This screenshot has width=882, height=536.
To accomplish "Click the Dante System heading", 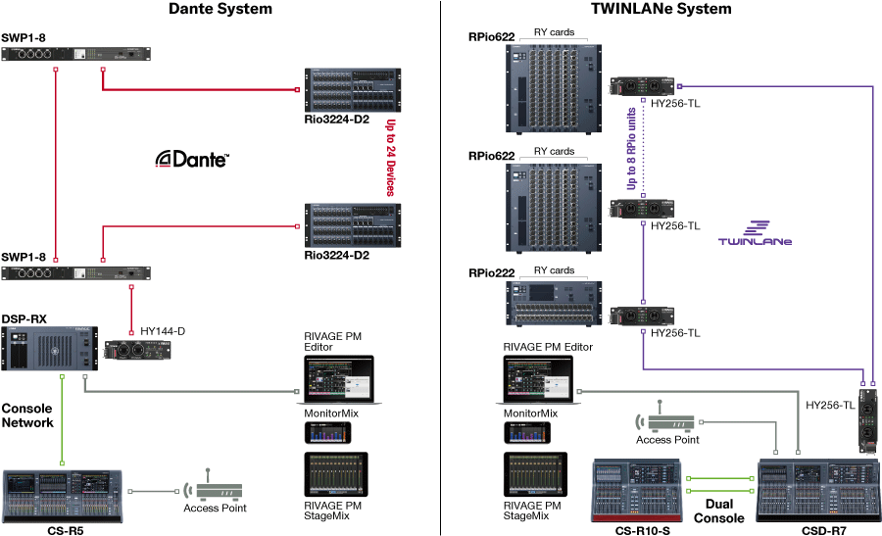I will pyautogui.click(x=220, y=10).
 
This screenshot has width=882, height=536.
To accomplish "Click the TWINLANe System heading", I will pyautogui.click(x=661, y=10).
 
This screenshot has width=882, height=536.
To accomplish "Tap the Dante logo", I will pyautogui.click(x=194, y=160).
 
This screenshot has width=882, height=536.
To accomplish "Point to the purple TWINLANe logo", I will pyautogui.click(x=755, y=232).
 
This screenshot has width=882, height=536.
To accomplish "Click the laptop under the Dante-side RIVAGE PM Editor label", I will pyautogui.click(x=335, y=381).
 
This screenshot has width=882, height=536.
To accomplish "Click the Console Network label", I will pyautogui.click(x=26, y=414).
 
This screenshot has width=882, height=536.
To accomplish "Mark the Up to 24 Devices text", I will pyautogui.click(x=390, y=158).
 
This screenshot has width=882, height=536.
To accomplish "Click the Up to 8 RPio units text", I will pyautogui.click(x=631, y=148).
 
